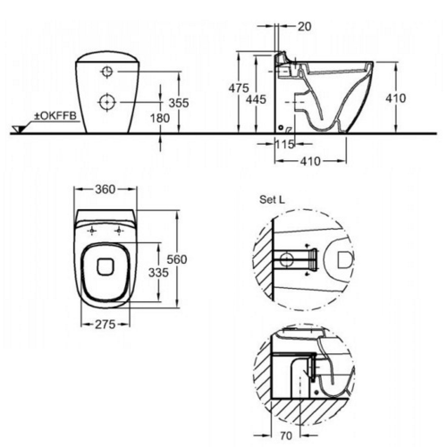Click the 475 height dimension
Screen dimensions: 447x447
pos(239,89)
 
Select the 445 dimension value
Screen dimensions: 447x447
pos(256,99)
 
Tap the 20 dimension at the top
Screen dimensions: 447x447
pos(304,27)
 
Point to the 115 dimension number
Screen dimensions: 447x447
pos(284,145)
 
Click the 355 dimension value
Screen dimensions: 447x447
pos(179,103)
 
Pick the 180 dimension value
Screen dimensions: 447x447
pos(160,118)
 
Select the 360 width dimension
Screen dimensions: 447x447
pos(105,190)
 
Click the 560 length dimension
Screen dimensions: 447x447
pos(177,259)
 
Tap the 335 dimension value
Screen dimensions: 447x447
pos(158,273)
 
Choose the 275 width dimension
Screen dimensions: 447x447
pos(105,325)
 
